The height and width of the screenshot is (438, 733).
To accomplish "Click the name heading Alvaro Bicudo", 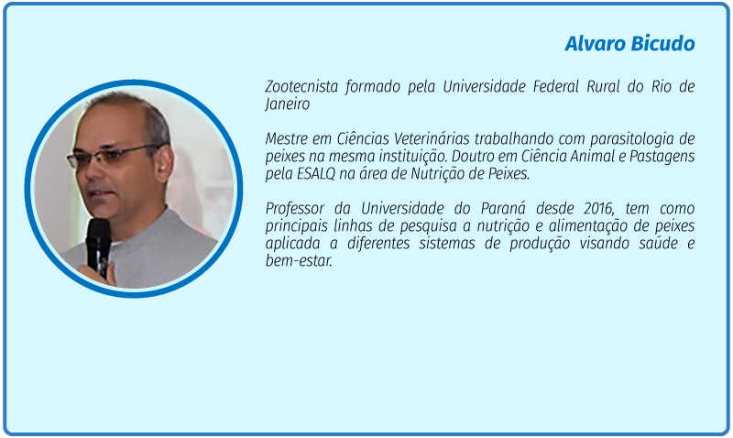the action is click(629, 44).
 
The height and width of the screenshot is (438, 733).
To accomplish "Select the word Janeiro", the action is click(288, 104).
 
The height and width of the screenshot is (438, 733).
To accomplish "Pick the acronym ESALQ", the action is click(316, 174).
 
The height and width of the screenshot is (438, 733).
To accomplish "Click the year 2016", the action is click(599, 209).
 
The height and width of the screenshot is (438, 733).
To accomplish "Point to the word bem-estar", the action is click(299, 261).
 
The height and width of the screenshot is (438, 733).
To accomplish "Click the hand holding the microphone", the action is click(98, 274).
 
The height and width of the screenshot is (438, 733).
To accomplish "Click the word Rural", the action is click(603, 86).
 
